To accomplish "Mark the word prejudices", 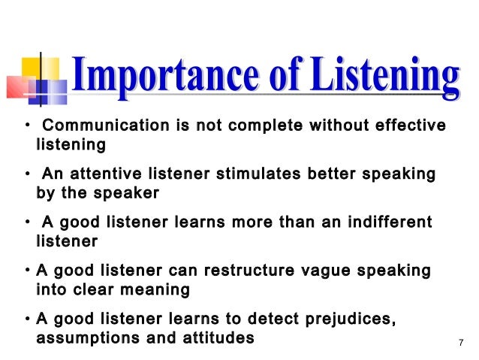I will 351,320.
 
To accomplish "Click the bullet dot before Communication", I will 27,126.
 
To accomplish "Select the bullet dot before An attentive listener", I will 27,175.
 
